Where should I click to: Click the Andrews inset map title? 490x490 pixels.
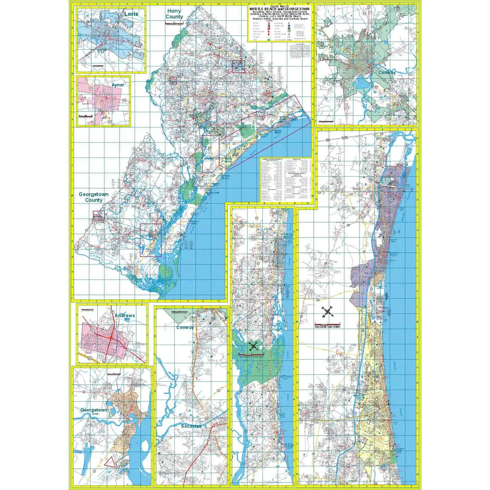click(x=125, y=316)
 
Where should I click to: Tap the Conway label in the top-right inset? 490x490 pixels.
click(x=387, y=72)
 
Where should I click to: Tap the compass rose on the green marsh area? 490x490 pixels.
click(x=253, y=347)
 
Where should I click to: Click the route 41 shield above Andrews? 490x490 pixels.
click(x=112, y=312)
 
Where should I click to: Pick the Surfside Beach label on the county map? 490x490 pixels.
click(x=225, y=176)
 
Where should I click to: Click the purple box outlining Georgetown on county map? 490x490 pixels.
click(x=151, y=240)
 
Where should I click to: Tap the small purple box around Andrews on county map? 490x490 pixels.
click(x=98, y=216)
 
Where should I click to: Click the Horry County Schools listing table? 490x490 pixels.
click(x=272, y=180)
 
